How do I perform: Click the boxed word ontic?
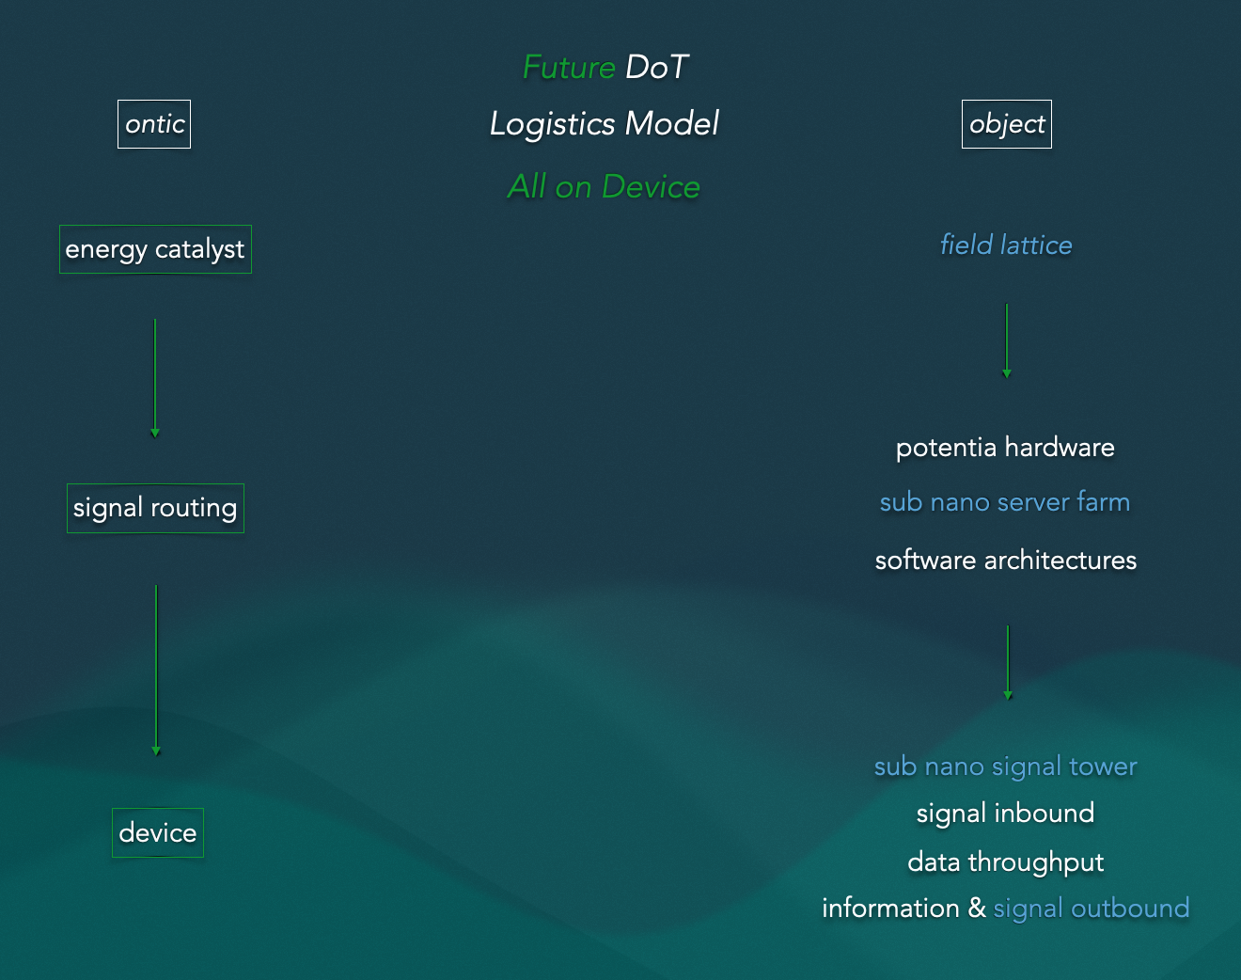point(154,124)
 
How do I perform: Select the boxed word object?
point(1006,124)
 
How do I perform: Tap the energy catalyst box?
point(155,249)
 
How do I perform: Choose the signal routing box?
point(155,508)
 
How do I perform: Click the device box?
point(158,832)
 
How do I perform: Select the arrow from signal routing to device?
point(156,670)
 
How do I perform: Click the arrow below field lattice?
point(1006,340)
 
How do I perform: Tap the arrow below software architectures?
point(1008,663)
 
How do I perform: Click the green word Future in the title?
point(569,68)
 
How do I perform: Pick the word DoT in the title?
point(657,68)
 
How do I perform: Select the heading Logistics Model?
point(605,124)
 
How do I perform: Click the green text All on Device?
point(604,187)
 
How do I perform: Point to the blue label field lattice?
point(1006,245)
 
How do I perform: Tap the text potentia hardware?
point(1005,448)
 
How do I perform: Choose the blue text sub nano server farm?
point(1005,502)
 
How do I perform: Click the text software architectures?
point(1005,561)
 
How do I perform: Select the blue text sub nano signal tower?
point(1005,767)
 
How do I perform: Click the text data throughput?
point(1005,861)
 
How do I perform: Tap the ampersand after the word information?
point(977,908)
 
